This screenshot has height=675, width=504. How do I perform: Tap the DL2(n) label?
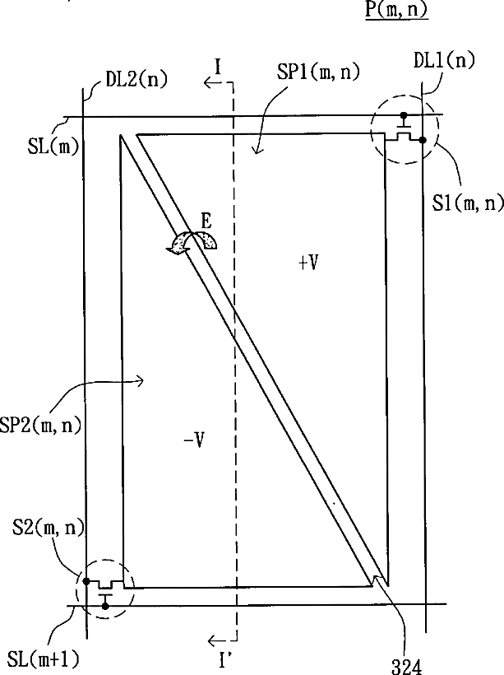(136, 81)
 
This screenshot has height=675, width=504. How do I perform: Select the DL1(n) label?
(444, 62)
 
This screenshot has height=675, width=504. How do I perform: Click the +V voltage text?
(309, 263)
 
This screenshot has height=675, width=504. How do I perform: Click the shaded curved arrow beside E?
(192, 240)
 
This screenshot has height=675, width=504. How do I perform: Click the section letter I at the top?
(219, 63)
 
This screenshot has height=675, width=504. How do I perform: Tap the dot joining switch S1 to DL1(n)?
(423, 141)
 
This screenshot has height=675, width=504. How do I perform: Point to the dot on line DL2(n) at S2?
(86, 580)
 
